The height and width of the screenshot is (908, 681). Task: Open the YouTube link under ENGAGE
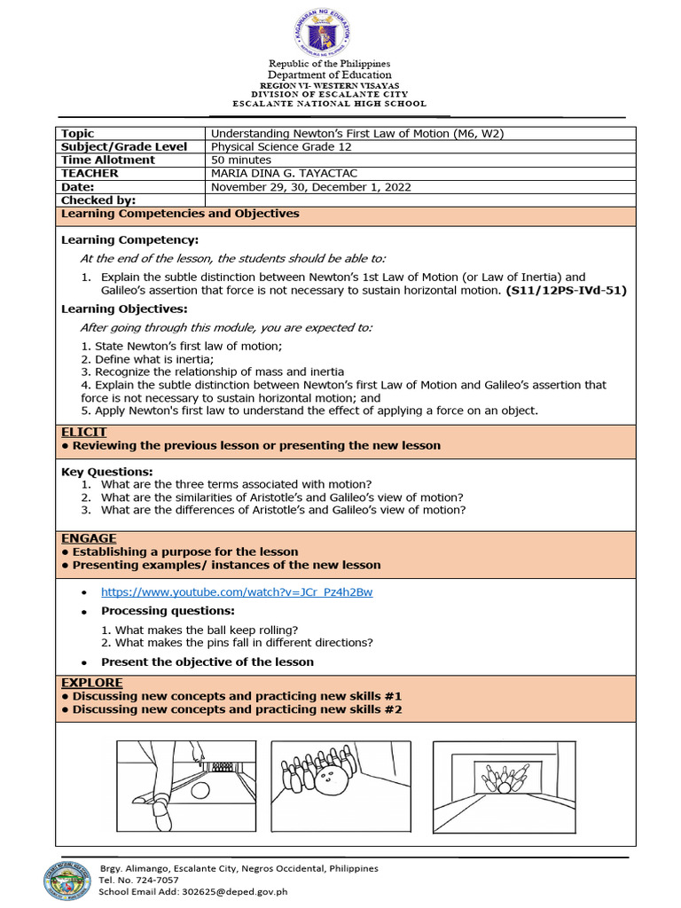tap(236, 591)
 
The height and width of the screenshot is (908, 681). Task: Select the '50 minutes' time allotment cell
tap(241, 160)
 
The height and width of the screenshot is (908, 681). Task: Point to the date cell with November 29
tap(310, 187)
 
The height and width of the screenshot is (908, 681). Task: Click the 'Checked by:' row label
tap(98, 200)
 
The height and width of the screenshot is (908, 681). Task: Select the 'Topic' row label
tap(77, 134)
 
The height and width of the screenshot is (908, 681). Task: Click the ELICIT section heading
tap(83, 432)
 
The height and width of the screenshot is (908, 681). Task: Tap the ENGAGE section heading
tap(88, 538)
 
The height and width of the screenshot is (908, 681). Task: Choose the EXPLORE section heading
tap(91, 683)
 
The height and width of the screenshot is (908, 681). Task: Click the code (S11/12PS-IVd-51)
tap(566, 290)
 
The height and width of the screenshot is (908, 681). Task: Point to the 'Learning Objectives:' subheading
tap(124, 309)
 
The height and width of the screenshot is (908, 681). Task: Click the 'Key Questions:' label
tap(106, 472)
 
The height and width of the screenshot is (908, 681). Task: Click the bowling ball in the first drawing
tap(200, 791)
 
